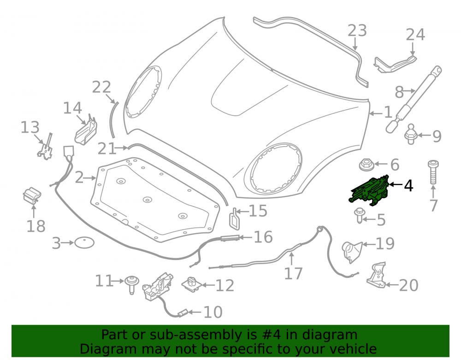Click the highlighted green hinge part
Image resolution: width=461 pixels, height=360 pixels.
click(x=369, y=191)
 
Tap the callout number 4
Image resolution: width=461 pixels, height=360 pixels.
click(x=408, y=186)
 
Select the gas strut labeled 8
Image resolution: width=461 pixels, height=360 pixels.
click(x=413, y=99)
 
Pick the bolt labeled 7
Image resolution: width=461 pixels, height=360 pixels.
click(x=433, y=172)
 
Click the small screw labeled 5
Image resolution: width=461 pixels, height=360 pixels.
click(x=359, y=215)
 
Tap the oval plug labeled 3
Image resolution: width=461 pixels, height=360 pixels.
click(x=84, y=243)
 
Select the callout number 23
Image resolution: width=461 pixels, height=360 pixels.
click(x=357, y=30)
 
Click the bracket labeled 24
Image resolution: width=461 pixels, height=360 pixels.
click(x=396, y=64)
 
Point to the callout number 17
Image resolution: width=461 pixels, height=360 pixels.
click(x=293, y=274)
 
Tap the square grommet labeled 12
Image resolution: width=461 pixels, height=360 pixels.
click(x=192, y=284)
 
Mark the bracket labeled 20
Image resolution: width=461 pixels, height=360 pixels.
click(x=376, y=275)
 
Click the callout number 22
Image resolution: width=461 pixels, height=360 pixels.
click(x=101, y=87)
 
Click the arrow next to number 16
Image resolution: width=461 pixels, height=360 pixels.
click(x=246, y=237)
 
